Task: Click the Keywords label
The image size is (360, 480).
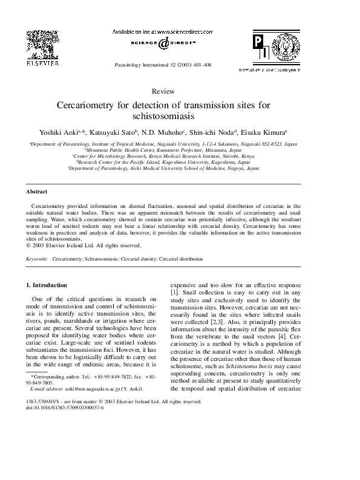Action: point(37,259)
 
